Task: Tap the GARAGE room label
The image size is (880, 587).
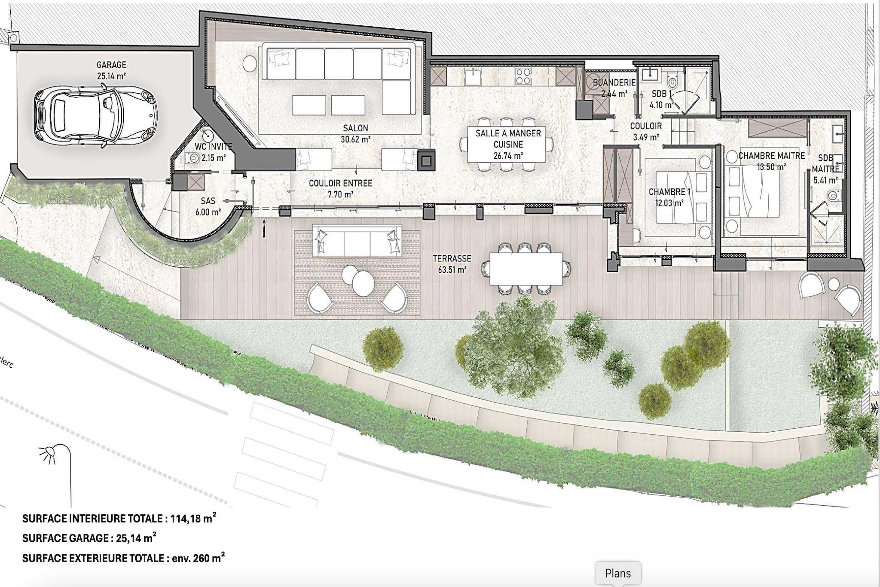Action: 111,65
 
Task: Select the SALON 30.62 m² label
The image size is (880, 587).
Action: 356,134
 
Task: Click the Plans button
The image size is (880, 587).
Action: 618,573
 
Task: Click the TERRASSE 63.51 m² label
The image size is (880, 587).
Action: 452,264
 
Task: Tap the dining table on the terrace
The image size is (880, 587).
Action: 526,269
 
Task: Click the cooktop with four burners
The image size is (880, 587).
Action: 523,77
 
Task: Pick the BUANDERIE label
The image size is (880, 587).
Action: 614,83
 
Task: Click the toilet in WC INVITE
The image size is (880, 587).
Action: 193,158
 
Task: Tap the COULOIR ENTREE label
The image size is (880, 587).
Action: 340,183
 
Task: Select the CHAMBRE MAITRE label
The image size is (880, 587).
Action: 771,156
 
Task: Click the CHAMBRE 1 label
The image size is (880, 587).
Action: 669,192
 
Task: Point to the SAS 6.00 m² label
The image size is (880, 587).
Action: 208,206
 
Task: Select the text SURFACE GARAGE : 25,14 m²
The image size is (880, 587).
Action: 89,538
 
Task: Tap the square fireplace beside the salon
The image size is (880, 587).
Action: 426,160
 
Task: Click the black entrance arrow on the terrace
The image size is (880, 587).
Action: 264,228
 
